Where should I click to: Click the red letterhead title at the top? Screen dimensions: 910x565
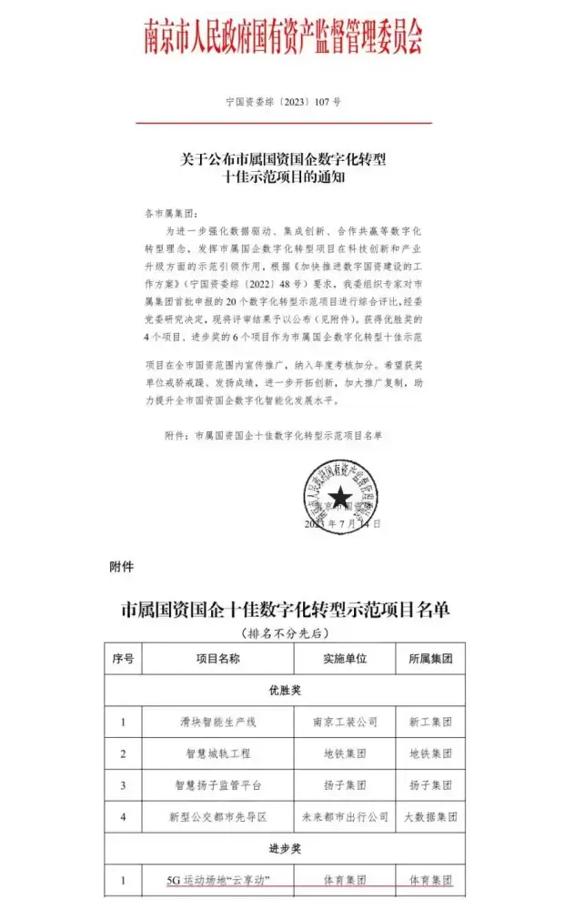point(283,36)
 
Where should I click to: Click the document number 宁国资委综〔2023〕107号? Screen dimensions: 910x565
point(283,103)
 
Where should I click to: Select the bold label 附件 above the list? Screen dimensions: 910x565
point(121,567)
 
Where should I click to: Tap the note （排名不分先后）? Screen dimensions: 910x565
point(283,632)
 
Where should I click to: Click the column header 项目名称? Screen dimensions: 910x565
point(217,659)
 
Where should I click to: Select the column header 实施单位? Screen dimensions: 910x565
point(345,659)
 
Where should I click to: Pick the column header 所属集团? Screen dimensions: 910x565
point(430,659)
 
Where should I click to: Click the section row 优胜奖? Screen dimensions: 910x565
point(283,691)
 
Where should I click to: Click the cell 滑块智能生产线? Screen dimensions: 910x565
point(217,723)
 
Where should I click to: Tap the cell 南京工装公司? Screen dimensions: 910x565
point(345,723)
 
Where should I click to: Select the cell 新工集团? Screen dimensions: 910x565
point(430,723)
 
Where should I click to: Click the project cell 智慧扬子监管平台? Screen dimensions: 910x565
point(217,785)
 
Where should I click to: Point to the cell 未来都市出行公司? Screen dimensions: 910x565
point(345,816)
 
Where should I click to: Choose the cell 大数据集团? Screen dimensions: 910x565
point(430,816)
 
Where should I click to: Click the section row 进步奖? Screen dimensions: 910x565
point(283,848)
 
